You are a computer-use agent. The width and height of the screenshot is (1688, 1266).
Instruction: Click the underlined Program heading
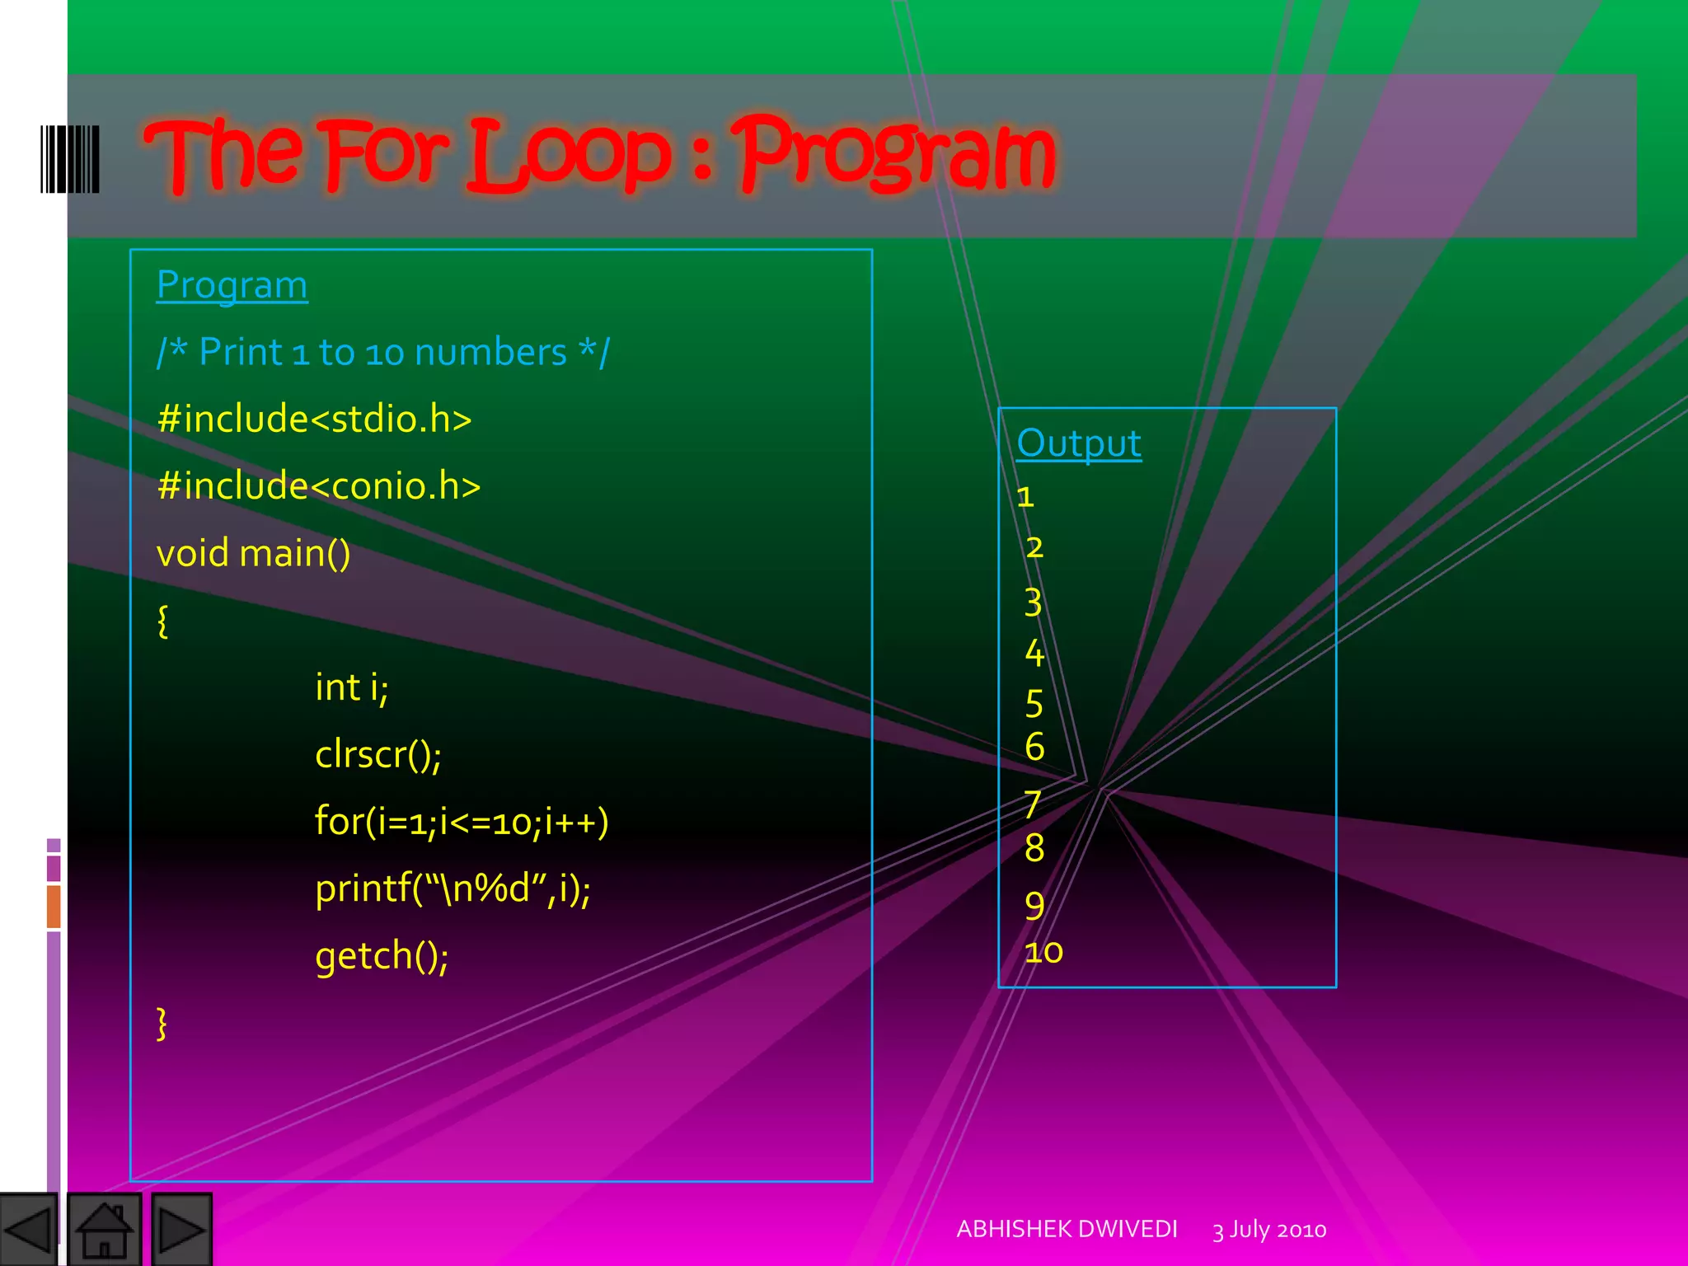pos(232,286)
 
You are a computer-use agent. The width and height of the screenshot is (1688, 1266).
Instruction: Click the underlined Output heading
pos(1078,444)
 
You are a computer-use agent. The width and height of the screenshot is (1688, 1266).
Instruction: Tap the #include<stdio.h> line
pos(314,420)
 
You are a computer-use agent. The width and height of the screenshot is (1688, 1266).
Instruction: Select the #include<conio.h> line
pos(318,486)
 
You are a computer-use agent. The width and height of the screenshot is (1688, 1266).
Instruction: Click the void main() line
pos(253,553)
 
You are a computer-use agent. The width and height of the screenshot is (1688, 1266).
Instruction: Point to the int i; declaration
pos(351,687)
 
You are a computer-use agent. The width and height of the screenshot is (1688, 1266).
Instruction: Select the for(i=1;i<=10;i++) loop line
pos(461,822)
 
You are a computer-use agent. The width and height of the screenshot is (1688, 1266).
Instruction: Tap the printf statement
pos(452,889)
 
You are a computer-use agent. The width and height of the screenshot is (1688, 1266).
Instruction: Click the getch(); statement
pos(382,956)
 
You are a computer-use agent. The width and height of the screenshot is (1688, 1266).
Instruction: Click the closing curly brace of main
pos(162,1024)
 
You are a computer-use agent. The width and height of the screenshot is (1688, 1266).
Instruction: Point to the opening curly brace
pos(162,621)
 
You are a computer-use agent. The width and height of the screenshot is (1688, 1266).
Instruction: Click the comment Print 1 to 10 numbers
pos(382,353)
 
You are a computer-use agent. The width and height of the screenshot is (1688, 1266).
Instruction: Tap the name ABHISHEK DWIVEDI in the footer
pos(1067,1229)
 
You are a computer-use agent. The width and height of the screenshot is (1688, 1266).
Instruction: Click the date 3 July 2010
pos(1268,1230)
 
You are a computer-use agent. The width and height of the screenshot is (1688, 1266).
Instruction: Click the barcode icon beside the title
pos(70,159)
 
